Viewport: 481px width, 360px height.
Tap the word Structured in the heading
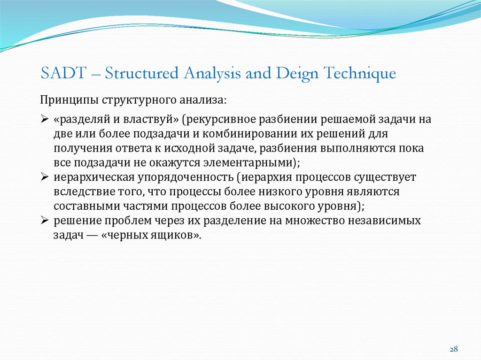pyautogui.click(x=141, y=74)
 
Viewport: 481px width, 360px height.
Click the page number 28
pyautogui.click(x=454, y=349)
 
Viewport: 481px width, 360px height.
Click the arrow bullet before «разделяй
pyautogui.click(x=45, y=120)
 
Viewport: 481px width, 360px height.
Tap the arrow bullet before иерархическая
pyautogui.click(x=45, y=178)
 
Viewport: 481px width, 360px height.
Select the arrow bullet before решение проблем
pyautogui.click(x=45, y=221)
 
